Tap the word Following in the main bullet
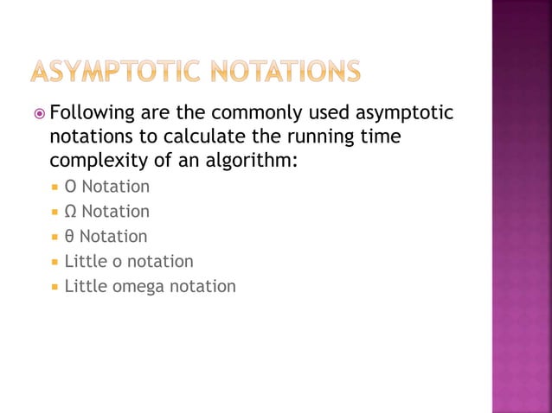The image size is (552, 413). click(x=90, y=113)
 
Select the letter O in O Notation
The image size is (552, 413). click(x=70, y=187)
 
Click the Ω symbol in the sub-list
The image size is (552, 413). click(x=71, y=212)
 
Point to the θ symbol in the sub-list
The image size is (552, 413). click(x=69, y=236)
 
